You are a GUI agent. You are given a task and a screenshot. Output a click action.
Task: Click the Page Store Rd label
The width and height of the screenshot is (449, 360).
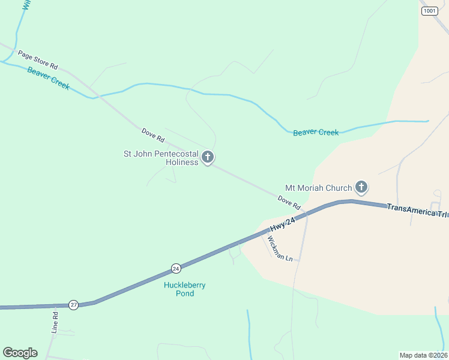point(37,59)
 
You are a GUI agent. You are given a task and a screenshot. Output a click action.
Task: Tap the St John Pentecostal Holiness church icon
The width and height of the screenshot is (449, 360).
point(208,158)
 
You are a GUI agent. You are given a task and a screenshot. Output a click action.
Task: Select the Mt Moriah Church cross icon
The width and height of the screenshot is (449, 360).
point(361,188)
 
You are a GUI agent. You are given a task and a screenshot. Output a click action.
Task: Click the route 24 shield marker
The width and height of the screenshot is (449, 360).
point(175,268)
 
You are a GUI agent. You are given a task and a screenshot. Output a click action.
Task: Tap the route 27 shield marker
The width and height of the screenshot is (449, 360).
point(73,304)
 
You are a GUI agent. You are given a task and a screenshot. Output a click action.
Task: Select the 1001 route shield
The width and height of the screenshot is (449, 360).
point(429,11)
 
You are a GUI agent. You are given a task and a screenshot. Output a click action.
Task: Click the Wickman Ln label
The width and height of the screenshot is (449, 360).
point(279,248)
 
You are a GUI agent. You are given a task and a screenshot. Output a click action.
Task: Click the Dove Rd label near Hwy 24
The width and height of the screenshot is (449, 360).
point(289,202)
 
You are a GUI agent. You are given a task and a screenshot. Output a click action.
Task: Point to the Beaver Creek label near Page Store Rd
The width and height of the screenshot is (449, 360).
point(49,79)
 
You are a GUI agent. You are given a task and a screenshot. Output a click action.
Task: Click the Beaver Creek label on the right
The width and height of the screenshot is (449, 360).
point(316,132)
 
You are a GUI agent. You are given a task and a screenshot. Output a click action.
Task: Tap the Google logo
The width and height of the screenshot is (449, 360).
point(20,353)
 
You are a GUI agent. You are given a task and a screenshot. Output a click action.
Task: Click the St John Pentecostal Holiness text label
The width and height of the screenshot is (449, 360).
point(161,158)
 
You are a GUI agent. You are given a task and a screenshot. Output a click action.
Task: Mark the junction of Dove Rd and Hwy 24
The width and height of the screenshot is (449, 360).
point(306,213)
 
